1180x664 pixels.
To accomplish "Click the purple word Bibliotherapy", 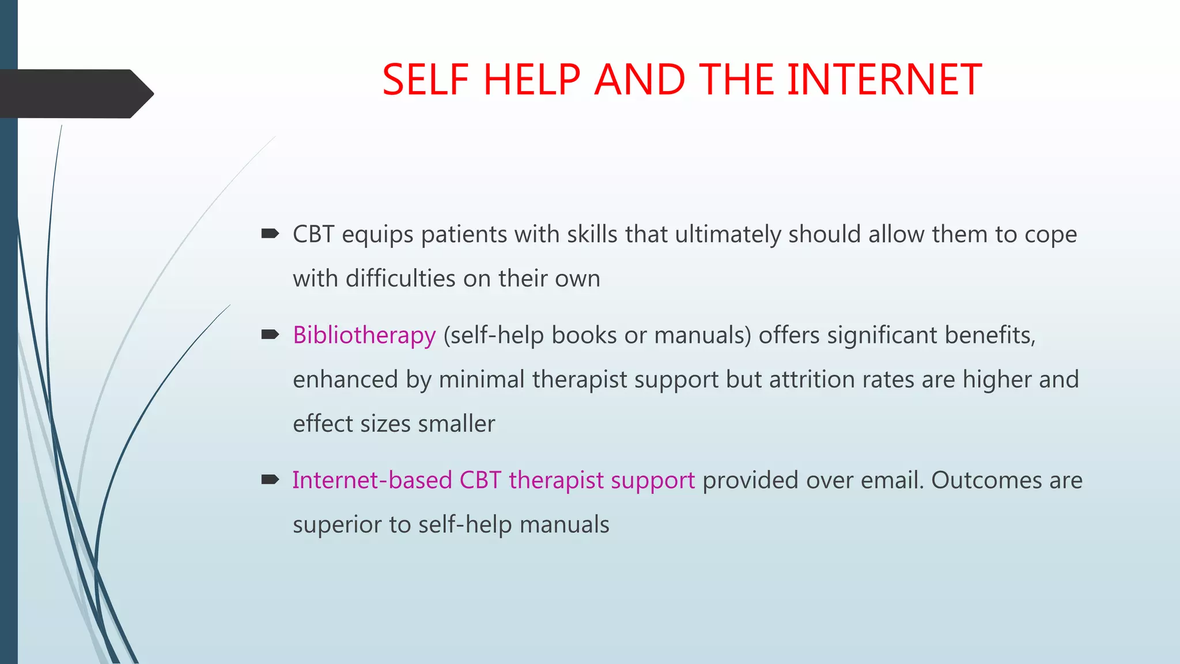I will pos(364,335).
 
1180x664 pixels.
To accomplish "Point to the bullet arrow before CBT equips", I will pos(270,233).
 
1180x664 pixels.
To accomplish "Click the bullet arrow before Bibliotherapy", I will pos(270,334).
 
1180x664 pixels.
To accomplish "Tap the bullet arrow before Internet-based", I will pos(270,480).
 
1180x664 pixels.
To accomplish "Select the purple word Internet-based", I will pos(372,480).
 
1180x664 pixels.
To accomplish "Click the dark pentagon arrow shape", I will pos(75,93).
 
